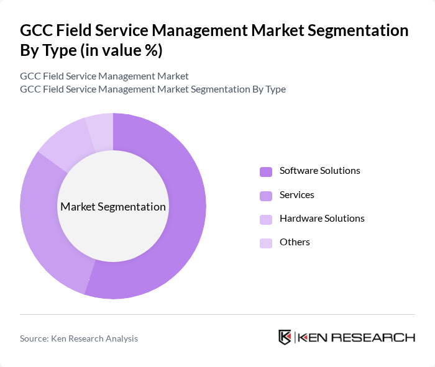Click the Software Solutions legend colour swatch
tap(266, 171)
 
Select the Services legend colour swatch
tap(266, 196)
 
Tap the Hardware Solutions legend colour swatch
tap(266, 219)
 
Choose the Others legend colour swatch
tap(266, 243)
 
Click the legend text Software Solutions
tap(319, 171)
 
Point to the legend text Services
tap(296, 195)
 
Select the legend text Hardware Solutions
tap(322, 219)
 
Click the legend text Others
tap(295, 242)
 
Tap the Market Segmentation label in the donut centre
tap(113, 207)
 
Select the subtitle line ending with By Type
tap(153, 89)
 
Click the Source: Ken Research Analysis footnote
tap(79, 338)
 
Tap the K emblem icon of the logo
tap(285, 337)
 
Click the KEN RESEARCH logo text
tap(357, 338)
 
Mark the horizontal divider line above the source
tap(217, 315)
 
